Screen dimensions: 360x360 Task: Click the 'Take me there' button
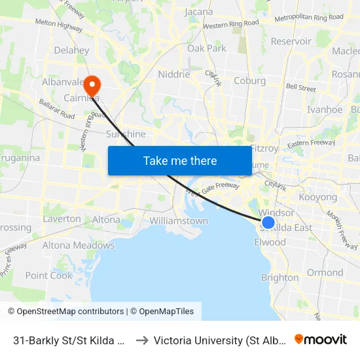(180, 160)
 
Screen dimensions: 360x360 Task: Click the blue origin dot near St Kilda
(268, 223)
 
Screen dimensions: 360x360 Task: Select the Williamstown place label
(179, 221)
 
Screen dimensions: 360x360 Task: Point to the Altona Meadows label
(78, 245)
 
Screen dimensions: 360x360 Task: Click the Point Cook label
(49, 276)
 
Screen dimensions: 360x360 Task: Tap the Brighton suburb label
(279, 278)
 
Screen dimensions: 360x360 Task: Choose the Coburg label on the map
(250, 81)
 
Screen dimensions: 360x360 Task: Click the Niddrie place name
(174, 74)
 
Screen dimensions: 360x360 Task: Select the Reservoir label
(291, 41)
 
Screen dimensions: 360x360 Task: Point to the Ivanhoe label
(325, 109)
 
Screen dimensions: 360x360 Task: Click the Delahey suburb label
(71, 50)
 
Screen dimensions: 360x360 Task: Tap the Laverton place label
(62, 219)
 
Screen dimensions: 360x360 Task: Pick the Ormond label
(325, 272)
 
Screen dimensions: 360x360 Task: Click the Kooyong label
(317, 197)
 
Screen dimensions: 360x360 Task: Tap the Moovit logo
(321, 339)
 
